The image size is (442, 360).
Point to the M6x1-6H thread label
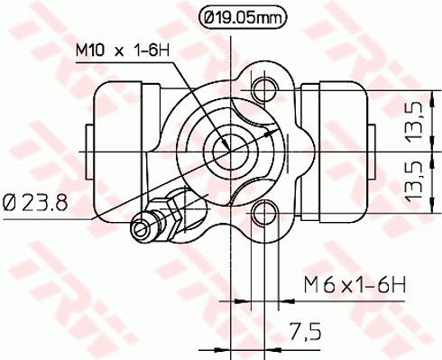click(354, 286)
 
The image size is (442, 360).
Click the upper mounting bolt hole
click(264, 88)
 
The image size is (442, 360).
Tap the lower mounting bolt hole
click(264, 213)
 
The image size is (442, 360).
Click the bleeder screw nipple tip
click(139, 226)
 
